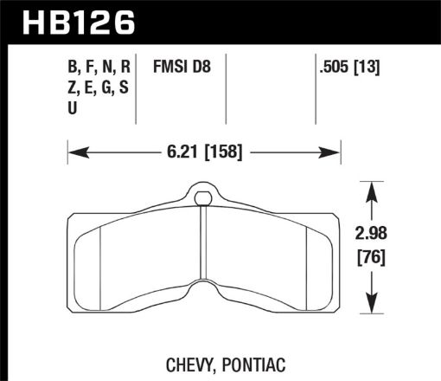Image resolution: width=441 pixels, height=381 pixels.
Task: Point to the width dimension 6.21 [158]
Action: tap(201, 152)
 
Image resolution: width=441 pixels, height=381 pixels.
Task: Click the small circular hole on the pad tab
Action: tap(203, 199)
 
